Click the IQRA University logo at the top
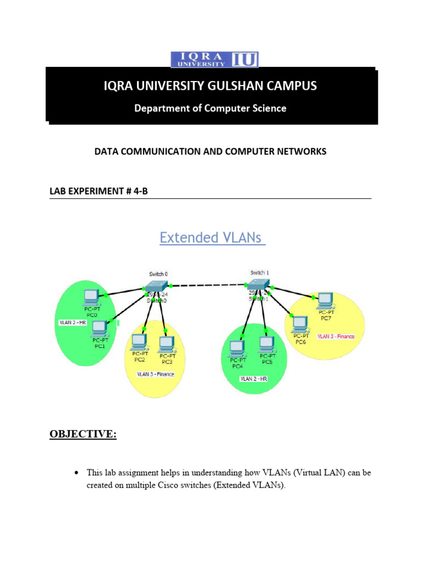coord(214,59)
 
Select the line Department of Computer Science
coord(210,108)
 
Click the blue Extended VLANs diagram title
coord(212,238)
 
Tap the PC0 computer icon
coord(91,298)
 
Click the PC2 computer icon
coord(139,342)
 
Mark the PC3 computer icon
coord(166,344)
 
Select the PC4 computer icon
coord(237,347)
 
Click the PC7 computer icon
coord(326,299)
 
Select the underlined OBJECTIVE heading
coord(83,434)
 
